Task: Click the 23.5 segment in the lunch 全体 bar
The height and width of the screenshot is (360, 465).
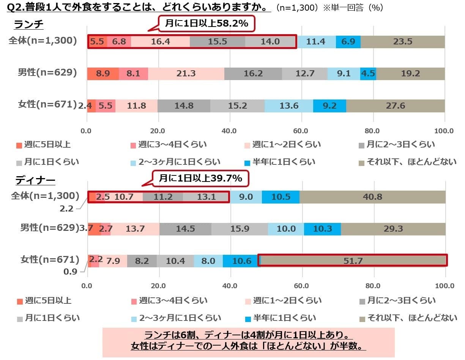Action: click(402, 42)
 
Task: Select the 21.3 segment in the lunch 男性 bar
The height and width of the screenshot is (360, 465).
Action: click(186, 74)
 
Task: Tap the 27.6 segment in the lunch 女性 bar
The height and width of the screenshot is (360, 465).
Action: click(395, 106)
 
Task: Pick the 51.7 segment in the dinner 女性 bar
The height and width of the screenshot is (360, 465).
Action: click(353, 261)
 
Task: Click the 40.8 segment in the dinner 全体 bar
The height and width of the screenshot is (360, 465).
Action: click(372, 197)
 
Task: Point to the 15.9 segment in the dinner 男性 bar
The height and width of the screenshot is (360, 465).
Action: click(240, 229)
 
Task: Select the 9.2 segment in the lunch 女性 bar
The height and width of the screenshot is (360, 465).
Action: click(329, 106)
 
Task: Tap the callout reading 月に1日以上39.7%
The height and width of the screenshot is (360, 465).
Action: click(200, 178)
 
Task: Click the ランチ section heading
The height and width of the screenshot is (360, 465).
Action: click(28, 25)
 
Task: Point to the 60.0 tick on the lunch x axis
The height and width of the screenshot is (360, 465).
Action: click(301, 131)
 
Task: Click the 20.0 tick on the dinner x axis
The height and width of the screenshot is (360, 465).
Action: click(159, 286)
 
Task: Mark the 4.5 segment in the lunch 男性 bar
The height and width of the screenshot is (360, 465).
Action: click(368, 74)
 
